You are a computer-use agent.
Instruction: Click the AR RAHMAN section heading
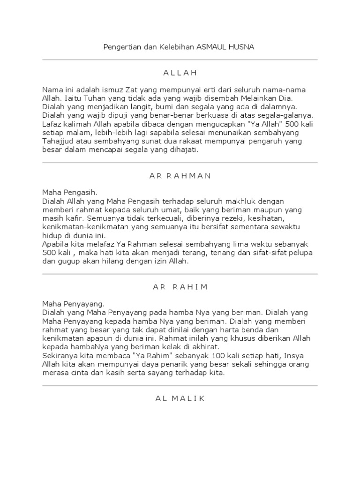tap(180, 176)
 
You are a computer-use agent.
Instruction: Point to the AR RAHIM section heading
tap(180, 287)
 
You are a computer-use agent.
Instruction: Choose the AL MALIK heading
tap(180, 398)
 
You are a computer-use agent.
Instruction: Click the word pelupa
tap(300, 253)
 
